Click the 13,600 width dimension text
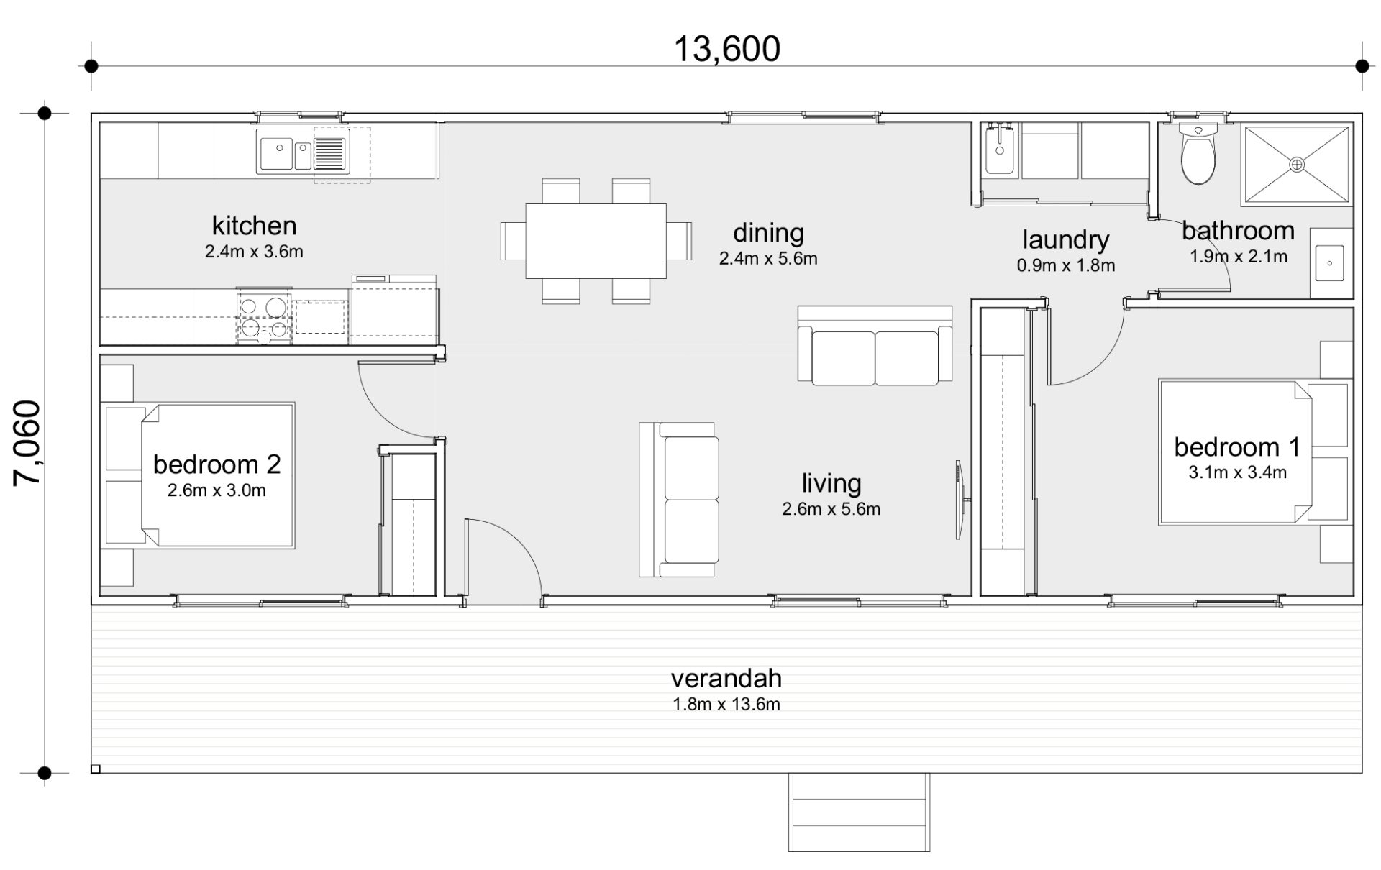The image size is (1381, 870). point(726,50)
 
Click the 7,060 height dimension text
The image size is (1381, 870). point(27,443)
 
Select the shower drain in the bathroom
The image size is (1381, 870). point(1296,165)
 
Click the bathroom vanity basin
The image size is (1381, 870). point(1329,262)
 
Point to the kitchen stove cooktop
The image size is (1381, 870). point(264,316)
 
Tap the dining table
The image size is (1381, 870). point(596,241)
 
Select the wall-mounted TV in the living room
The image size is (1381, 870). point(960,500)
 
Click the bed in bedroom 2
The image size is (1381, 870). point(217,475)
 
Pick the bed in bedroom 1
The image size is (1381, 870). point(1234,452)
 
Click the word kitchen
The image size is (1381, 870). point(254,226)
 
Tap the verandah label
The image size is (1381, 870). point(726,678)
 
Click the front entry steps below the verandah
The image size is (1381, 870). point(859,812)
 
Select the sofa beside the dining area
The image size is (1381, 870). point(875,344)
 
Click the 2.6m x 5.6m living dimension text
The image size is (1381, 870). point(831,509)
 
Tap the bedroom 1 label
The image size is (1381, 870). point(1237,447)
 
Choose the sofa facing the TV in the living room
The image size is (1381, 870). point(678,500)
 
